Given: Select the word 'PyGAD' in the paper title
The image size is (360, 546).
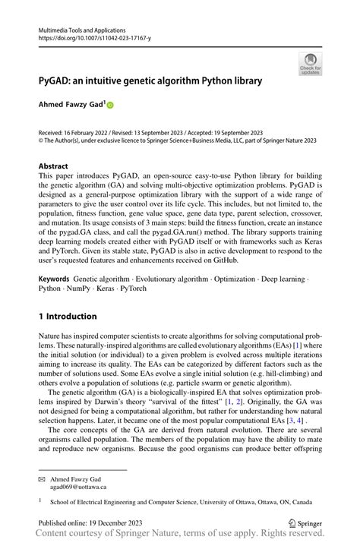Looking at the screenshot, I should click(x=58, y=80).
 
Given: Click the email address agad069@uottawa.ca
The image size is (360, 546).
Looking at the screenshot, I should click(x=78, y=487).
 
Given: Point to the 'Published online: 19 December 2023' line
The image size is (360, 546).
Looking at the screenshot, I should click(x=90, y=522).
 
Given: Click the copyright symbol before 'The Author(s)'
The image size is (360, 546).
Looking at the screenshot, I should click(x=41, y=140).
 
